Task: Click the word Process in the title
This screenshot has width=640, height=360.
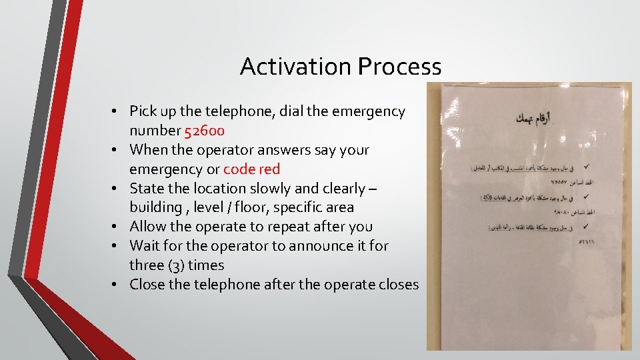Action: click(399, 67)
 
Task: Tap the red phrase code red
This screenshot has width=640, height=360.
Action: click(252, 169)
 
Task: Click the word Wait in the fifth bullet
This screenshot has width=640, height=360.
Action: click(145, 246)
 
